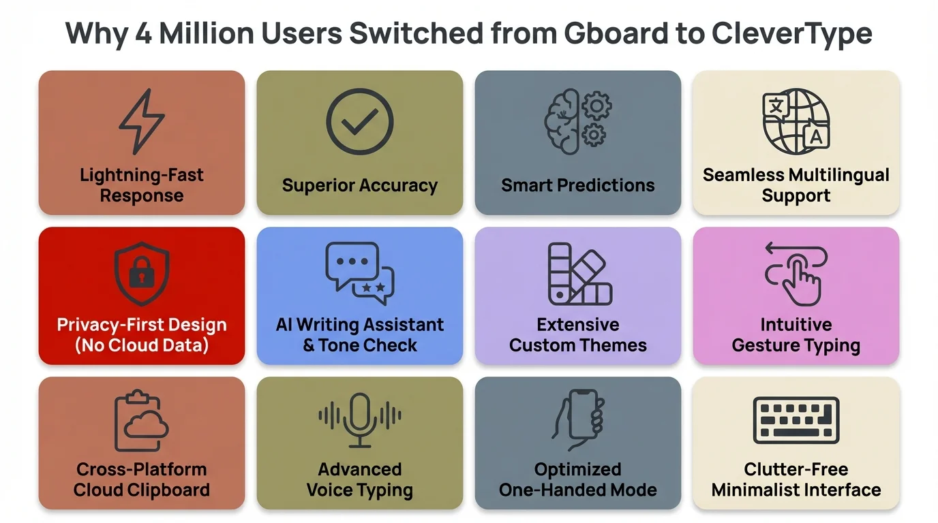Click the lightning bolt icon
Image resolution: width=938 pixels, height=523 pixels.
click(142, 123)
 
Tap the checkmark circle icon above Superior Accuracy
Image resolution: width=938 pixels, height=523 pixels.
click(360, 122)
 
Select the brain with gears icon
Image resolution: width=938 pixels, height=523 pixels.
click(578, 123)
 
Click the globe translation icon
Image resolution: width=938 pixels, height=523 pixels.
click(796, 123)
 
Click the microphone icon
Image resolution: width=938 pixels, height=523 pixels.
click(360, 418)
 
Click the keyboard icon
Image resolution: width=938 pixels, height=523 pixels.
click(796, 420)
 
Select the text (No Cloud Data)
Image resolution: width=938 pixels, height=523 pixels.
click(142, 345)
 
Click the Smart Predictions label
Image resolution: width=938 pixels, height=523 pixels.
click(578, 185)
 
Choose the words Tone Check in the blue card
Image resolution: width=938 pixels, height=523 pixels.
click(368, 345)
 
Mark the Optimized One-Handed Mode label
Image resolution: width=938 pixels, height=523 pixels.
click(578, 479)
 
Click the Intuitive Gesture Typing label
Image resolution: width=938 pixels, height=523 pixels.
click(796, 335)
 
